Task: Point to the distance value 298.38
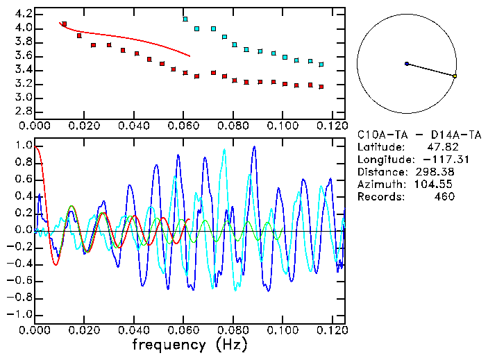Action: click(x=437, y=171)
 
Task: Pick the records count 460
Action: click(x=444, y=196)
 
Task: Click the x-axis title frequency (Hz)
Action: click(x=190, y=345)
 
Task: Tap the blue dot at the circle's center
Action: click(x=407, y=64)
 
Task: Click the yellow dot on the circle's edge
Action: click(x=455, y=76)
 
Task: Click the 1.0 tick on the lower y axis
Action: click(x=23, y=146)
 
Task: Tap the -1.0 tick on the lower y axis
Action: click(x=20, y=315)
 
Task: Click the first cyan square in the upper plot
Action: click(x=185, y=19)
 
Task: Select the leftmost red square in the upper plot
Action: click(x=64, y=24)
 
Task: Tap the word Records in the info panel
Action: click(x=378, y=196)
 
